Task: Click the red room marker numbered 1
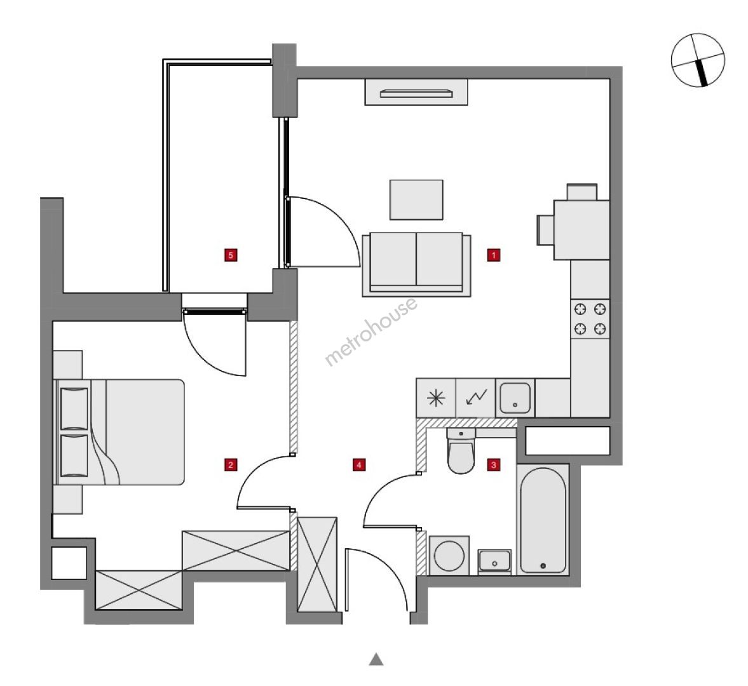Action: (x=493, y=255)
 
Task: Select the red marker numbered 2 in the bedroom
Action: (x=231, y=464)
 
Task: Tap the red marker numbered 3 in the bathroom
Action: (x=493, y=464)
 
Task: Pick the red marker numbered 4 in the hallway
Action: (x=359, y=464)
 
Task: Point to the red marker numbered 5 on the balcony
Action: (x=231, y=255)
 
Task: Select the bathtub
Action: (x=543, y=520)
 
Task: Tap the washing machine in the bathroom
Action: (x=449, y=555)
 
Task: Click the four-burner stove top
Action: (x=590, y=319)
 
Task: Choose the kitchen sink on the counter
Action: (x=515, y=398)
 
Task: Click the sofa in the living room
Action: (x=416, y=264)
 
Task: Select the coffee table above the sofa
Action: (x=416, y=199)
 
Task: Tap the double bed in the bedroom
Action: (x=119, y=432)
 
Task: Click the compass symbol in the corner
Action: (x=698, y=60)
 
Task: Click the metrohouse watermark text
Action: (x=371, y=332)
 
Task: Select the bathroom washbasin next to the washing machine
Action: (x=494, y=561)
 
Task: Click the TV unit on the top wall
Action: (x=416, y=93)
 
